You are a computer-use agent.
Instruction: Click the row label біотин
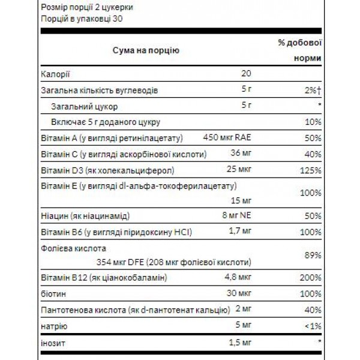52,294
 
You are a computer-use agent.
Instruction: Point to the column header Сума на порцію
146,52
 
